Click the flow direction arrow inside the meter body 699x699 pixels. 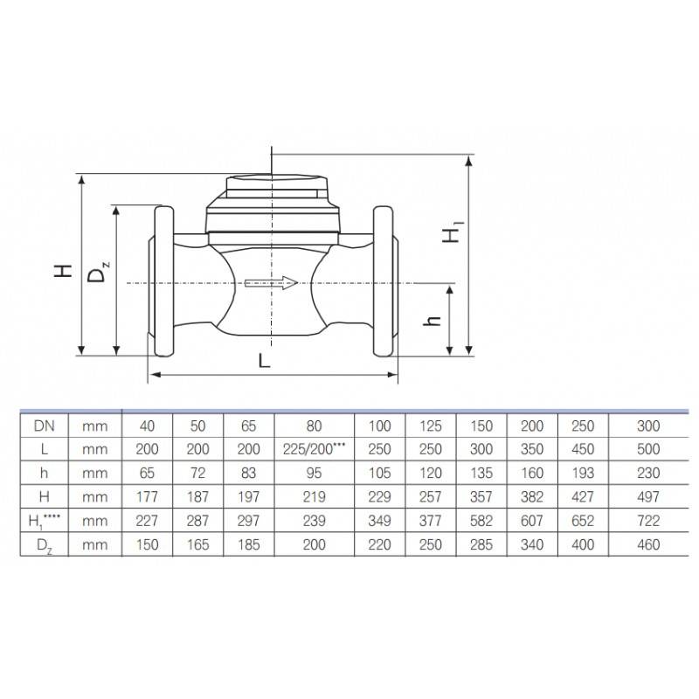[x=271, y=282]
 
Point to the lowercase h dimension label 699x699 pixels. [x=432, y=321]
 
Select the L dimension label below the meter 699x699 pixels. [x=265, y=360]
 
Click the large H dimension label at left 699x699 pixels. [x=63, y=271]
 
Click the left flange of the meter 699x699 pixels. [x=163, y=281]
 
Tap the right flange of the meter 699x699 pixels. [x=384, y=281]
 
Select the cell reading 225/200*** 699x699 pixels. [x=315, y=449]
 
